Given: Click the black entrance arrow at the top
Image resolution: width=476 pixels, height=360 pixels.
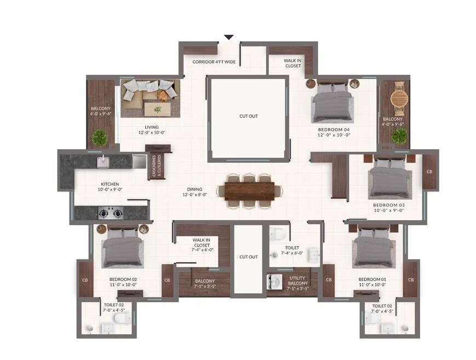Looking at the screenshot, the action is (229, 37).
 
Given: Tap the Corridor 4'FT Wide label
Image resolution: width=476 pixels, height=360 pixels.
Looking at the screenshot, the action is (214, 62).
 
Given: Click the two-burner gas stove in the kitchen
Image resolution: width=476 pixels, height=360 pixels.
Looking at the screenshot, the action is (111, 213).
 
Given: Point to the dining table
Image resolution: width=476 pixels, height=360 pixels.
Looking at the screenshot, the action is (250, 191).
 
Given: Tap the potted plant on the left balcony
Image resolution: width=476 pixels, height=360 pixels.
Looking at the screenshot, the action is (100, 138).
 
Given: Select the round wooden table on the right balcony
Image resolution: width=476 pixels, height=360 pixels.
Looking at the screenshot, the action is (398, 98).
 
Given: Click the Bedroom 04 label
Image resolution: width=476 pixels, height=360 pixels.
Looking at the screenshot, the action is (334, 129).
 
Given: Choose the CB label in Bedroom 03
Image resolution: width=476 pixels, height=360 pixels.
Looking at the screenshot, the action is (429, 172).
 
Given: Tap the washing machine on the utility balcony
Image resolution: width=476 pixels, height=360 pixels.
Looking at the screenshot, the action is (273, 281).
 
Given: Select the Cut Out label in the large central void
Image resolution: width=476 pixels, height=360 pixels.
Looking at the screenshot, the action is (249, 116).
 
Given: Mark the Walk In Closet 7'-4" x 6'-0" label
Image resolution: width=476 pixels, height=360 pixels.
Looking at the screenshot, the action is (201, 245).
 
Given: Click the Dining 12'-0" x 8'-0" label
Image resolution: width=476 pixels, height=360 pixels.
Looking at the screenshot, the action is (194, 192).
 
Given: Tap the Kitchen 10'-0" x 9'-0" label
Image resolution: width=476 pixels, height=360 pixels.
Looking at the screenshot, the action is (110, 186).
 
